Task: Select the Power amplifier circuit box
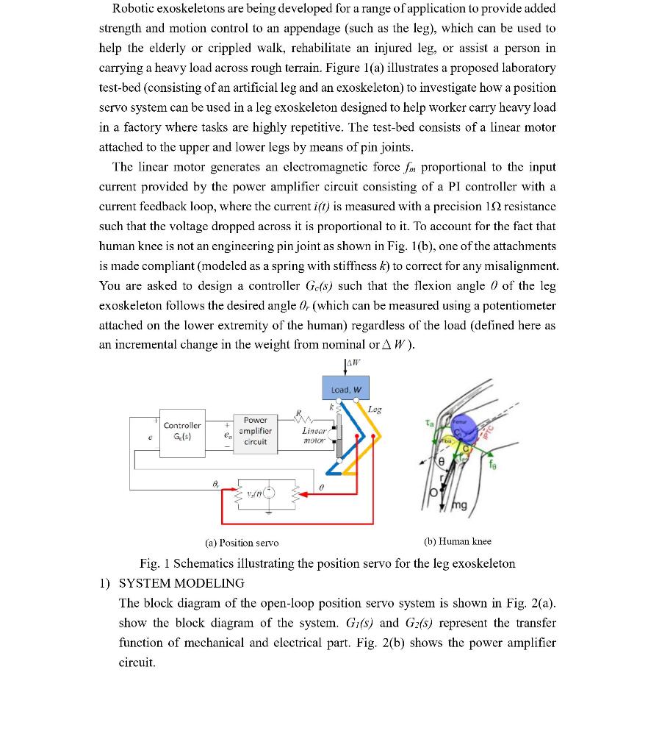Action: coord(255,431)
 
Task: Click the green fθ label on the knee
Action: coord(492,465)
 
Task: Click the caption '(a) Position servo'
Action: coord(242,543)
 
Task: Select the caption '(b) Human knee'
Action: coord(458,542)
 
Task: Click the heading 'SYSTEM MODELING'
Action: coord(181,583)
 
